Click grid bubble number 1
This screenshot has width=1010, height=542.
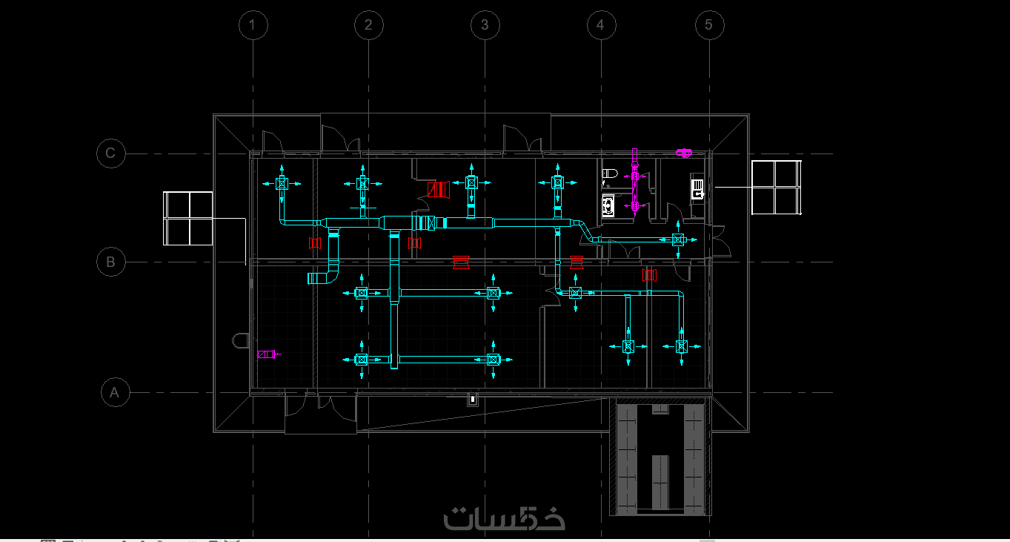(253, 25)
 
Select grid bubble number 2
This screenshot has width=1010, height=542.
(369, 25)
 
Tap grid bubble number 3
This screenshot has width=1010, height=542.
(485, 25)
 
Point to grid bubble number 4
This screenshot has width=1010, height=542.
(601, 25)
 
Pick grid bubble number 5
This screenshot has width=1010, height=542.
(709, 25)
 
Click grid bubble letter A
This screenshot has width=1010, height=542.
(116, 392)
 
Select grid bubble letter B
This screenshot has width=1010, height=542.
(111, 262)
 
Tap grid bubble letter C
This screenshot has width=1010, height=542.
(111, 153)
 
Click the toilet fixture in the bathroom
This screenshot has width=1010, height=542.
(610, 173)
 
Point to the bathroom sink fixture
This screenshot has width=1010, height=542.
(608, 206)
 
